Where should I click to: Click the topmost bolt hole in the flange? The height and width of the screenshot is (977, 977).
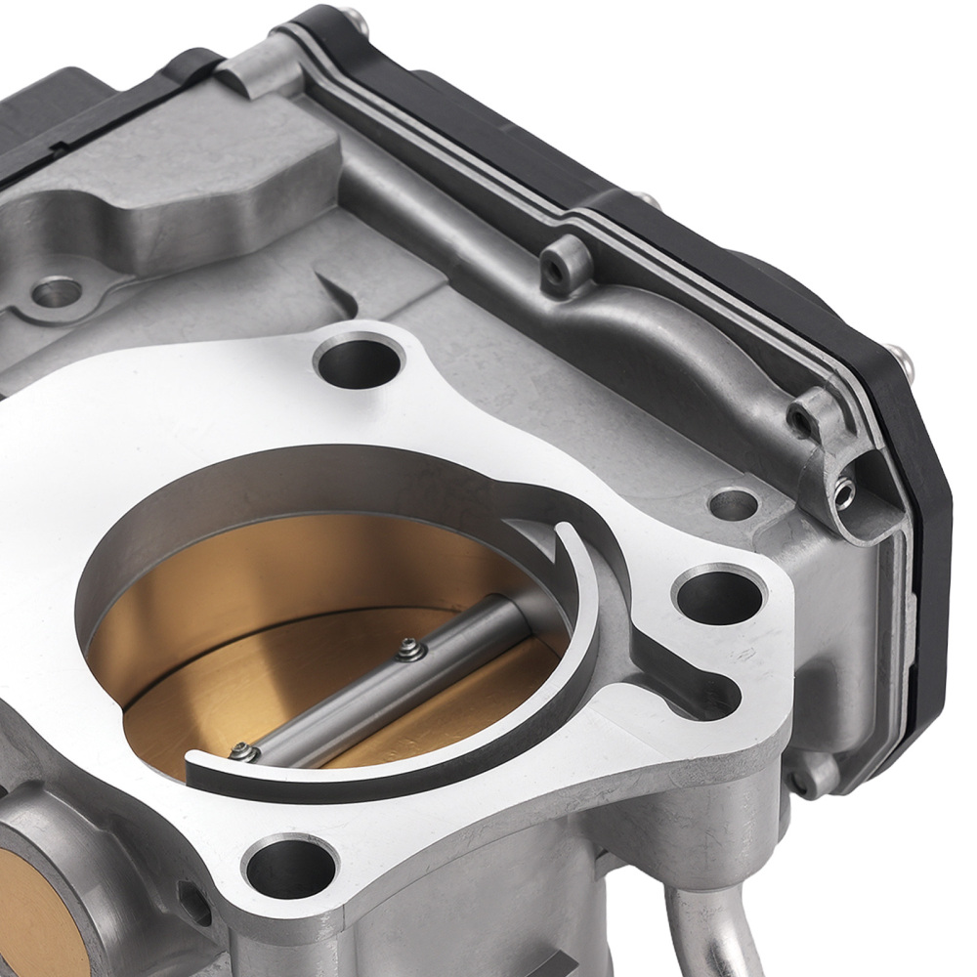point(359,361)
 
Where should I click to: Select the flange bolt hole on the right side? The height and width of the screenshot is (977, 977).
point(718,595)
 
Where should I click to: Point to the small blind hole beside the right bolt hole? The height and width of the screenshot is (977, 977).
point(734,504)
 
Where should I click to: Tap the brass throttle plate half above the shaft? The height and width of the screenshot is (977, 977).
point(293,586)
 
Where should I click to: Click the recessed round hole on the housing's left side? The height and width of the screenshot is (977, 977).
point(57,291)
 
